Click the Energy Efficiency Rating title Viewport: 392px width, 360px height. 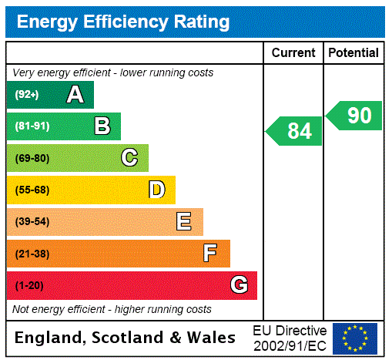coord(123,22)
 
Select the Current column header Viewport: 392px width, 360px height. coord(293,53)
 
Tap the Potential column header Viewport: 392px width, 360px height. coord(353,53)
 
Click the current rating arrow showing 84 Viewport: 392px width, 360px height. coord(295,131)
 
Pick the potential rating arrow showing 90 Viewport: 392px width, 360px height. coord(355,116)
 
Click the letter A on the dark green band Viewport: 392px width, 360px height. coord(75,95)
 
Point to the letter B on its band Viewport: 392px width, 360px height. coord(102,126)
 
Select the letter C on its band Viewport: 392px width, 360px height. coord(129,158)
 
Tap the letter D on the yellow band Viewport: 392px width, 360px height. coord(156,190)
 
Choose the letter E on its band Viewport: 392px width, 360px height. coord(184,222)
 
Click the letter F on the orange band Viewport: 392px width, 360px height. coord(210,253)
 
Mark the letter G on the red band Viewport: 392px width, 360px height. coord(239,285)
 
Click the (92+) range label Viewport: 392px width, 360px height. coord(27,96)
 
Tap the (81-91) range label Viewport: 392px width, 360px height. coord(32,126)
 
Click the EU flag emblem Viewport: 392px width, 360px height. coord(355,338)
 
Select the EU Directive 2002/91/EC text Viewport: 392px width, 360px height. coord(290,338)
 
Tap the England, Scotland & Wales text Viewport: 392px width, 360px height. coord(126,338)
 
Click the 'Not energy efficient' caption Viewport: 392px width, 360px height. coord(112,309)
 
